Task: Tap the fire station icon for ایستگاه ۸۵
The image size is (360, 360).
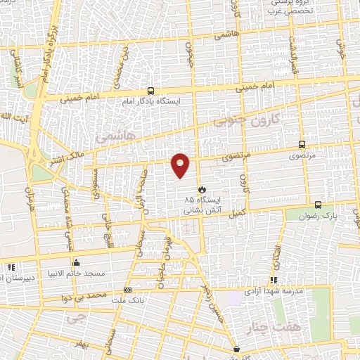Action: [x=202, y=189]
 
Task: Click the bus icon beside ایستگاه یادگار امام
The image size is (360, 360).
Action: [x=150, y=91]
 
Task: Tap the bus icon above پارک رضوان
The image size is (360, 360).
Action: [x=318, y=205]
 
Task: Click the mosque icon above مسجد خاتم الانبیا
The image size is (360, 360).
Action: [x=77, y=263]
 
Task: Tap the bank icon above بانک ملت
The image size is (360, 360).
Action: [x=127, y=290]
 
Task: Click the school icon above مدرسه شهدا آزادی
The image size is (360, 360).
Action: [x=273, y=280]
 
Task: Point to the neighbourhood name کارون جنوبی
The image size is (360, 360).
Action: [x=248, y=120]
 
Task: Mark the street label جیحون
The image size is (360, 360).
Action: [x=188, y=51]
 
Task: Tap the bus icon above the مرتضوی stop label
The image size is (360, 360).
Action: [x=302, y=143]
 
